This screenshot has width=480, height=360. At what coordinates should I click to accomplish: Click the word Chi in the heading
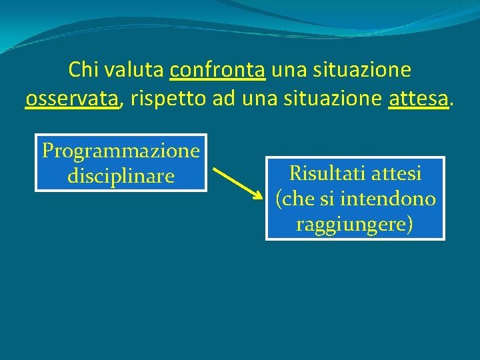(83, 69)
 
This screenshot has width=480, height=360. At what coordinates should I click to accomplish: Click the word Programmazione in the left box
(121, 151)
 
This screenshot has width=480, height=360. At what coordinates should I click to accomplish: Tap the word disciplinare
(121, 177)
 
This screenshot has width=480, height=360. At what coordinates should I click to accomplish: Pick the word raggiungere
(354, 224)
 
